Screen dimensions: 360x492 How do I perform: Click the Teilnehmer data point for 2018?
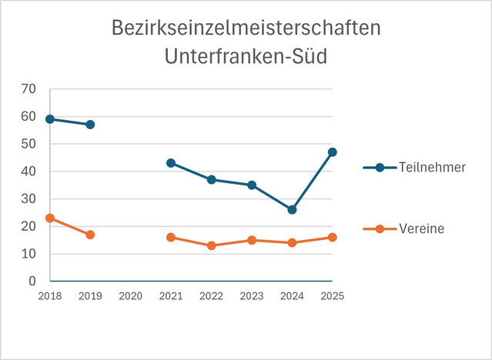50,119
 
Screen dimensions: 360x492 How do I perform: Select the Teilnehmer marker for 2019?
90,125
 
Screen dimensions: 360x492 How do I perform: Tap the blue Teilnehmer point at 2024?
292,209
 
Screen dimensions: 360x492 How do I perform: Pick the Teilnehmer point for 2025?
332,152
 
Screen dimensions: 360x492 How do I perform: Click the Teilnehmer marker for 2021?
171,163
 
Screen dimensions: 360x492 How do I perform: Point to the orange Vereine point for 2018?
50,218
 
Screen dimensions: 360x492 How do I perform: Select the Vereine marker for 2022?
211,245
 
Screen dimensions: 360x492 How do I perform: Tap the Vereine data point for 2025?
332,237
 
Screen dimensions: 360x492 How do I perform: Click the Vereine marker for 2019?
90,235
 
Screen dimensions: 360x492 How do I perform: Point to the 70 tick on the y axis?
28,89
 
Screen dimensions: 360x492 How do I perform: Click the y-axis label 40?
28,172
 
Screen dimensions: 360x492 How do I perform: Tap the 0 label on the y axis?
32,282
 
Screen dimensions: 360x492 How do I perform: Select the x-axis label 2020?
130,296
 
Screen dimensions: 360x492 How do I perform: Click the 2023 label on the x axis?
251,296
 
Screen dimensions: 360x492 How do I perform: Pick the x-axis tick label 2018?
50,296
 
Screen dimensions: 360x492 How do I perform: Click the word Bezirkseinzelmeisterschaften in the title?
246,29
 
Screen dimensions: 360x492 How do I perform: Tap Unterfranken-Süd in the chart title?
246,57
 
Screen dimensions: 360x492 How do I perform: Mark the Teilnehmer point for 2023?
251,185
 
